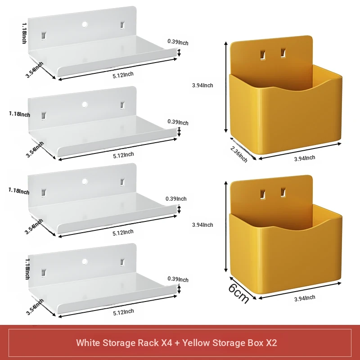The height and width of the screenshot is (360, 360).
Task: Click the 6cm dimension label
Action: (239, 294)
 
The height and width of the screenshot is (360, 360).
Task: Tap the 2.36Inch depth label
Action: (239, 154)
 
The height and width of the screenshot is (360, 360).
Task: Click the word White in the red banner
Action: (88, 343)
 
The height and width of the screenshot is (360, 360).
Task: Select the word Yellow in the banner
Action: (196, 343)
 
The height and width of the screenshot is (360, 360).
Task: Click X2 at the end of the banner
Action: (271, 343)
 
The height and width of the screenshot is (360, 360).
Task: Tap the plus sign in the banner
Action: (177, 343)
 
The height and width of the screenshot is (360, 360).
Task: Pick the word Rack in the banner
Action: (148, 343)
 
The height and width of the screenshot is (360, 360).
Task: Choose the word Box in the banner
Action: (255, 343)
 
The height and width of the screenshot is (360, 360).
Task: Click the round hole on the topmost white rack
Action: (85, 24)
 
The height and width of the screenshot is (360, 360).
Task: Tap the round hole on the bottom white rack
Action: (85, 261)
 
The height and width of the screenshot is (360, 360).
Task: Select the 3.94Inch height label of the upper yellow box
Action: (202, 85)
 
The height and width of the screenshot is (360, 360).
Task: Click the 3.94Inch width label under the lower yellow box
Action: (305, 298)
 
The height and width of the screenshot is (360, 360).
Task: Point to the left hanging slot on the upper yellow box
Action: (263, 55)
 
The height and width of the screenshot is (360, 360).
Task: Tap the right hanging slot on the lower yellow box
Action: (283, 193)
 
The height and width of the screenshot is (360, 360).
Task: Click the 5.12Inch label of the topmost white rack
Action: (123, 75)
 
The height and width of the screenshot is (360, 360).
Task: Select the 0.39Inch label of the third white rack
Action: (176, 199)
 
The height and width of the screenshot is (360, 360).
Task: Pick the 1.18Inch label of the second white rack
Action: (19, 114)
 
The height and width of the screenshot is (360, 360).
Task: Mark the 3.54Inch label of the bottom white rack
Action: (35, 307)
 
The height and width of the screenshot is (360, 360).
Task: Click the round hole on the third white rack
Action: (85, 181)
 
